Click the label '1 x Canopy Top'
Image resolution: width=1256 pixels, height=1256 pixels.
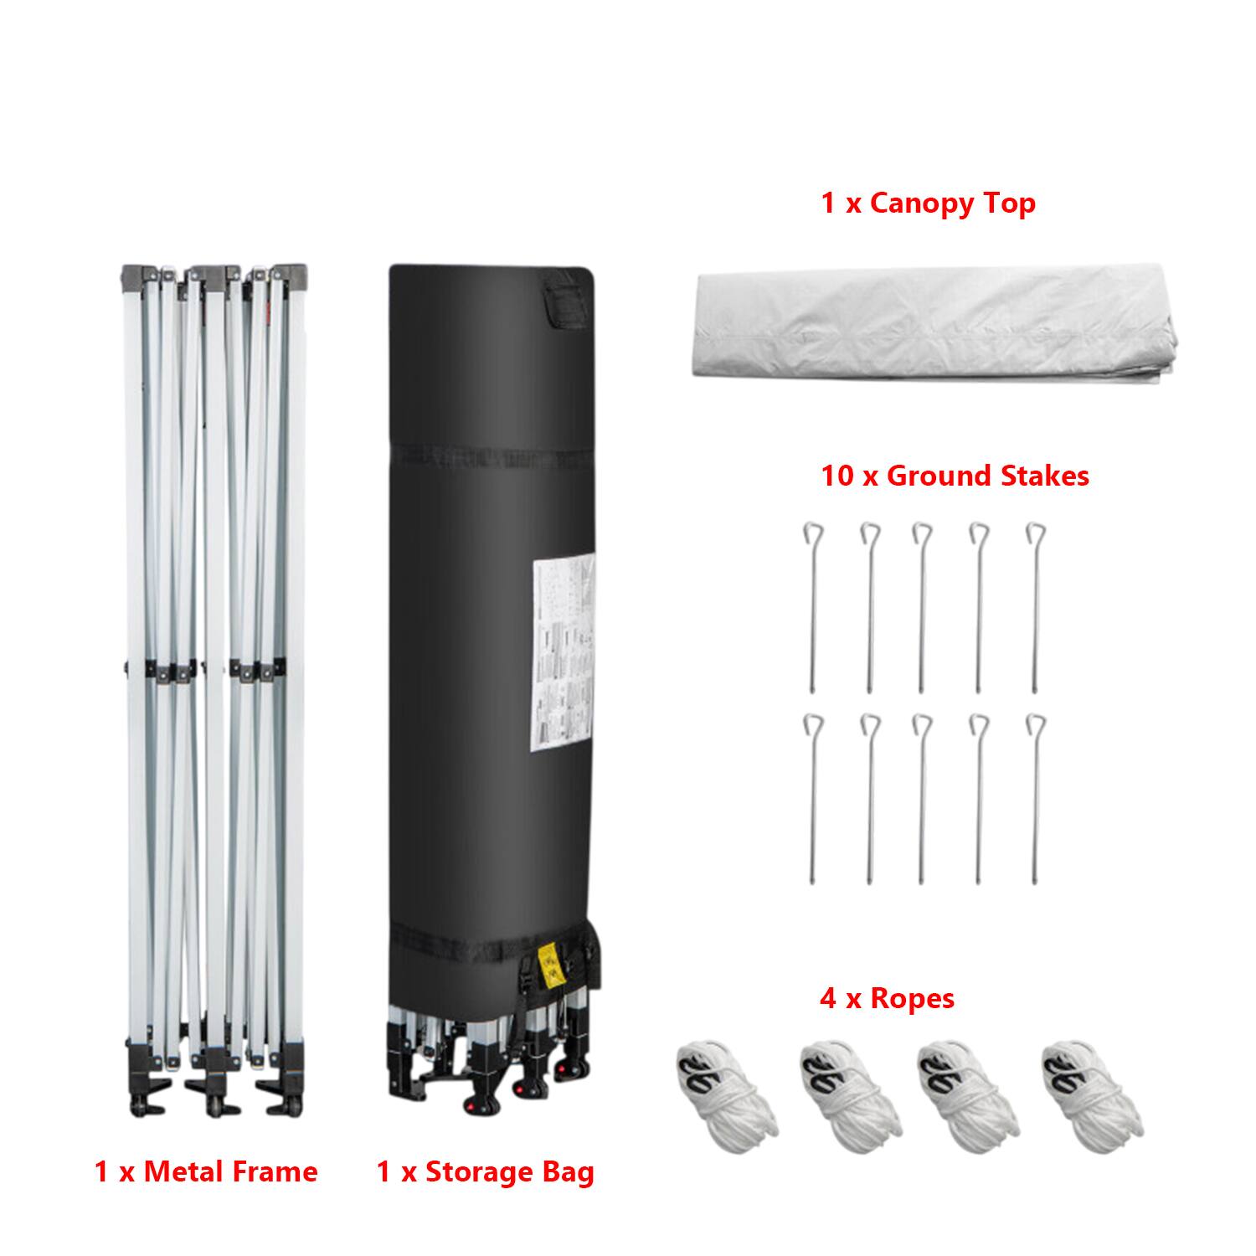[928, 203]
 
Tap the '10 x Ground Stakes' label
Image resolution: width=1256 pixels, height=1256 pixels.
[955, 476]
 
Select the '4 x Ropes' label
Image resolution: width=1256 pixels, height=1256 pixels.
[887, 998]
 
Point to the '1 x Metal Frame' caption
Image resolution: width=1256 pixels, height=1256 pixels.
[206, 1171]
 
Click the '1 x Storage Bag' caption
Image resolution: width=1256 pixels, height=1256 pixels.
[486, 1171]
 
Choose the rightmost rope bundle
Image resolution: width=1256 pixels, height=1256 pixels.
[1092, 1088]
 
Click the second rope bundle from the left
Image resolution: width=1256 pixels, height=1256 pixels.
[848, 1088]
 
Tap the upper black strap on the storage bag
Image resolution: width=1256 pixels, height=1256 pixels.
[492, 456]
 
